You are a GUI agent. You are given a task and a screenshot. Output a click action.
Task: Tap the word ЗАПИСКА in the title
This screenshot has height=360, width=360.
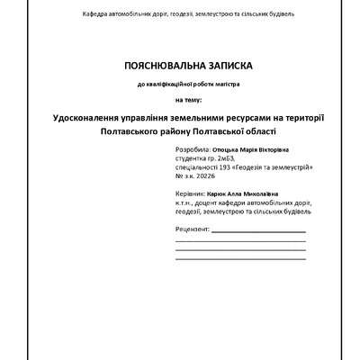[x=224, y=65]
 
